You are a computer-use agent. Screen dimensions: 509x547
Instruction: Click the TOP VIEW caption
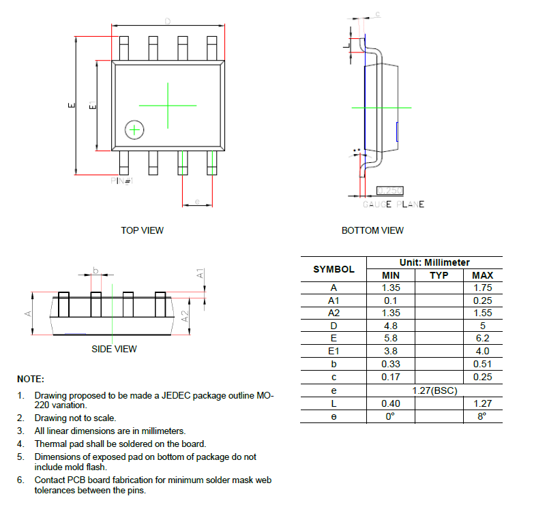(142, 230)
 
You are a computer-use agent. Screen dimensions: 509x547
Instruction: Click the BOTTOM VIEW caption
(372, 230)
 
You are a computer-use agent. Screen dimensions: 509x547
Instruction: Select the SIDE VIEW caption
(114, 349)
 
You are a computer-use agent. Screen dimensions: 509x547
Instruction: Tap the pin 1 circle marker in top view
(134, 129)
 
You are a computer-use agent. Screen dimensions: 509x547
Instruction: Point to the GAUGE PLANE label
(394, 204)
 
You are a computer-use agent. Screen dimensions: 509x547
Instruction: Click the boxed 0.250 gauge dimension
(390, 191)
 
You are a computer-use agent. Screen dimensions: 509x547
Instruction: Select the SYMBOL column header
(334, 269)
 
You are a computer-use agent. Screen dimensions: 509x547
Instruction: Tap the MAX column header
(482, 275)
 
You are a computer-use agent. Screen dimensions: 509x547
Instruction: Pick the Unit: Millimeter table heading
(434, 262)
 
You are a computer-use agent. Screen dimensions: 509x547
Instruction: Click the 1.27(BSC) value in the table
(435, 390)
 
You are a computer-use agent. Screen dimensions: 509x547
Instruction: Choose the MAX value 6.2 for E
(482, 338)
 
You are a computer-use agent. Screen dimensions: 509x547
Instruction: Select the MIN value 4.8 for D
(390, 325)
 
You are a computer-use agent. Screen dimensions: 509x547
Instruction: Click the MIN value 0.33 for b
(391, 364)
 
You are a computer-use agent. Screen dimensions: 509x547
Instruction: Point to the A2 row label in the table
(334, 312)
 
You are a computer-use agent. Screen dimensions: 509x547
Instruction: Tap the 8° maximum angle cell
(482, 416)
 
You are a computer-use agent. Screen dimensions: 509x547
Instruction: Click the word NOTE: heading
(31, 379)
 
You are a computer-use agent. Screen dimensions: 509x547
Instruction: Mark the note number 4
(20, 444)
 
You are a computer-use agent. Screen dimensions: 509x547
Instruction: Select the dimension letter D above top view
(167, 21)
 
